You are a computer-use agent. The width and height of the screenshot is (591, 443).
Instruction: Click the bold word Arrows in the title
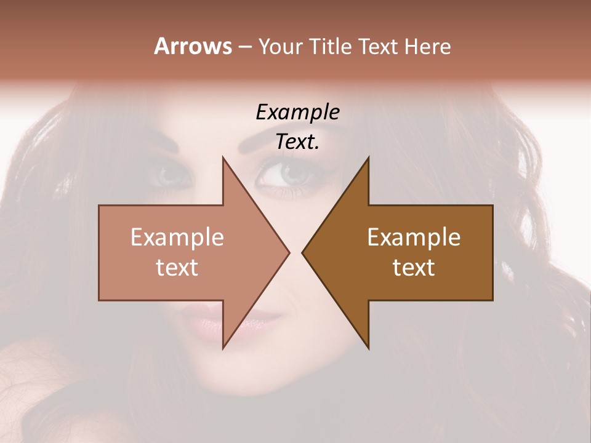[193, 46]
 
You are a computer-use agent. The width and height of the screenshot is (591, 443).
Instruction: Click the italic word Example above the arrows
[297, 113]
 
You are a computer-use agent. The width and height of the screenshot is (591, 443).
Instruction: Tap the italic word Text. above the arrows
[297, 142]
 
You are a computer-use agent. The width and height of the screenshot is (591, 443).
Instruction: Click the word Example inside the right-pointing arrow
[177, 237]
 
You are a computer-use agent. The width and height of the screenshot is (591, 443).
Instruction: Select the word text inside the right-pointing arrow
[177, 268]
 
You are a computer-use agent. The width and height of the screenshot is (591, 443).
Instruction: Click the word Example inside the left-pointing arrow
[414, 237]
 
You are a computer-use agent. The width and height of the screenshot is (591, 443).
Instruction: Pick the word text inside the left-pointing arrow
[414, 268]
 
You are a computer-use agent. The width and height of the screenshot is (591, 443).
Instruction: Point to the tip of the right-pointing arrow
[289, 252]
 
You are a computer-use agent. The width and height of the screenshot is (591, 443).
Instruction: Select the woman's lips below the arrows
[209, 322]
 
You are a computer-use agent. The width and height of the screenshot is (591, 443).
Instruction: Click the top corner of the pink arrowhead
[223, 158]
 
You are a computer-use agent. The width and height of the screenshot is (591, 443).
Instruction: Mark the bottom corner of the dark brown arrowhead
[368, 348]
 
